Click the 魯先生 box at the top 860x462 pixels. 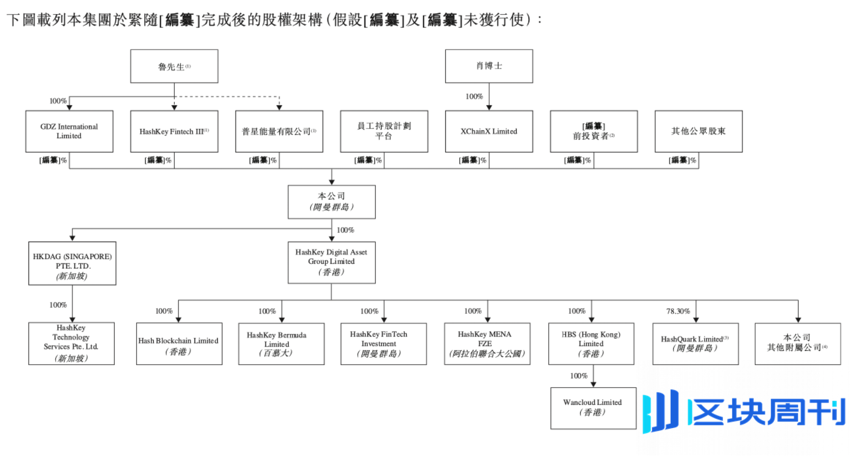point(174,66)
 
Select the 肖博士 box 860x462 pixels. point(489,66)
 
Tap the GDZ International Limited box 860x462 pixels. point(69,131)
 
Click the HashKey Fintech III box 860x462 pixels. point(174,131)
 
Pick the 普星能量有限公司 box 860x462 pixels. point(279,131)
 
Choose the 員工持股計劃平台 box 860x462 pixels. point(384,131)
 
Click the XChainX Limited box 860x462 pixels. point(489,131)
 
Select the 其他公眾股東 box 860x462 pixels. point(698,131)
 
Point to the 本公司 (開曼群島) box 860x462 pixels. point(332,202)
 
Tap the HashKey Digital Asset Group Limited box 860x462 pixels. point(332,262)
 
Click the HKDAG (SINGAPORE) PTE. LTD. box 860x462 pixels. point(72,263)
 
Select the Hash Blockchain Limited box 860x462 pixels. point(179,344)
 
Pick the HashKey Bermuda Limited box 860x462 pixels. point(281,344)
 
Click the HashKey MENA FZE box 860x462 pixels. point(487,344)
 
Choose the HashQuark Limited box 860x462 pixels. point(695,344)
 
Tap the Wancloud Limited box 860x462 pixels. point(593,408)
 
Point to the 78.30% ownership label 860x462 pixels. point(678,311)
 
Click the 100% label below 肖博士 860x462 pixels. point(474,96)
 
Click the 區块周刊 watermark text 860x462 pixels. point(766,412)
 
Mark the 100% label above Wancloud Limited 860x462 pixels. point(579,376)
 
